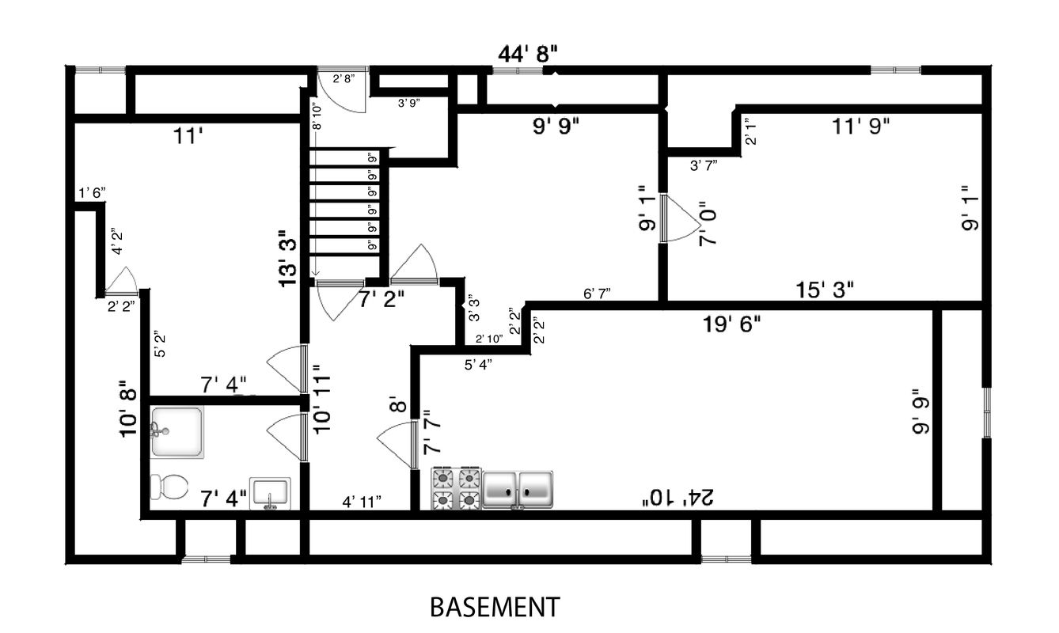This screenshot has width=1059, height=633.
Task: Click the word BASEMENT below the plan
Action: coord(494,607)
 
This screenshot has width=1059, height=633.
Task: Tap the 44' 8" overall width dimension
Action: coord(529,55)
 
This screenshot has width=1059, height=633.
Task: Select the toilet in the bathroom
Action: coord(168,486)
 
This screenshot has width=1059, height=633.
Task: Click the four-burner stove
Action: coord(456,487)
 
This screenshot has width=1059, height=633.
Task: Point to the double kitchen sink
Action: coord(518,487)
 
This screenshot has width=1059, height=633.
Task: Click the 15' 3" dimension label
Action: coord(825,290)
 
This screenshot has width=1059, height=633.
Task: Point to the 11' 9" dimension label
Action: coord(861,124)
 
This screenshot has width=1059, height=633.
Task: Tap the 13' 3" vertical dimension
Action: coord(288,258)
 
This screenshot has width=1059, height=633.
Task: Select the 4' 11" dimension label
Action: coord(362,501)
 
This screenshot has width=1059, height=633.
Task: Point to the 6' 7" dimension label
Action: coord(597,294)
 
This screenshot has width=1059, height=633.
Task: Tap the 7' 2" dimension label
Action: coord(381,299)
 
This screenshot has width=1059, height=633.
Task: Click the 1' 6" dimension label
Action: coord(91,193)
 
